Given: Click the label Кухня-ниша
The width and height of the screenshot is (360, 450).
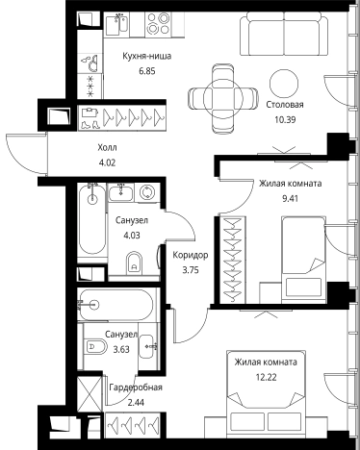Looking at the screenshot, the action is point(147,56).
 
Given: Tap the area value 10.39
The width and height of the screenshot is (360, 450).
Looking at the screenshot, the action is point(285,120).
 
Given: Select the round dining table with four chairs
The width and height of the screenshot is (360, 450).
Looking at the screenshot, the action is point(223,99).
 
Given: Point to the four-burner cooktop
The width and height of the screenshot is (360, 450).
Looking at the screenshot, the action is point(158,23).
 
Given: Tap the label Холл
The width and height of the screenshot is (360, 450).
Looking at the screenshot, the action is point(107,148).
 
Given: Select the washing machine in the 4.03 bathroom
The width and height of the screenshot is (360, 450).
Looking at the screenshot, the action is point(147,192).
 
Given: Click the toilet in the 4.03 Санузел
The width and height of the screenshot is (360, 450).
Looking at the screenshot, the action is point(135,263).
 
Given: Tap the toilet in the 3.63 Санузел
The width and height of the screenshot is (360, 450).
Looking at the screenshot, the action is point(95,346).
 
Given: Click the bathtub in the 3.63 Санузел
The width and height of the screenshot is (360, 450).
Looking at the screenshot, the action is point(117,305).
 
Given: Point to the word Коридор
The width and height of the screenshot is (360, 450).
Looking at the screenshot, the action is point(191,256).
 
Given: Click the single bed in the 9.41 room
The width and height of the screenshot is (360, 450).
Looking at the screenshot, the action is point(303,260).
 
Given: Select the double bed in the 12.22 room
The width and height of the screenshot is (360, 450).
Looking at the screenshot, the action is point(267,394).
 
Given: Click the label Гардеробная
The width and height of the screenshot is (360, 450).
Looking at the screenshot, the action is point(136,387).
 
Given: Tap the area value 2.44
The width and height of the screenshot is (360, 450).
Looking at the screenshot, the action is point(136,403).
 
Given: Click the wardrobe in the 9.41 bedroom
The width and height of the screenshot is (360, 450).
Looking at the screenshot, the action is point(232,260).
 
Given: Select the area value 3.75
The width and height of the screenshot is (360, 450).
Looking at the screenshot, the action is point(191,270).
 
